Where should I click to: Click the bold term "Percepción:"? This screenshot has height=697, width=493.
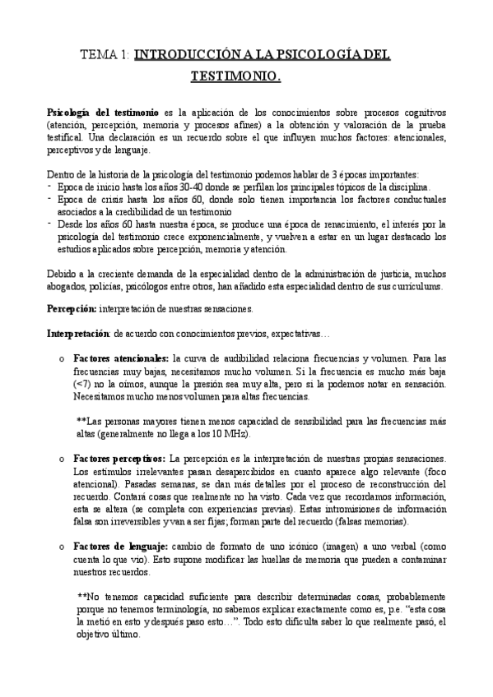click(x=71, y=308)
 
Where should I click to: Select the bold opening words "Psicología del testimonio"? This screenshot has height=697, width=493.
click(x=91, y=111)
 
